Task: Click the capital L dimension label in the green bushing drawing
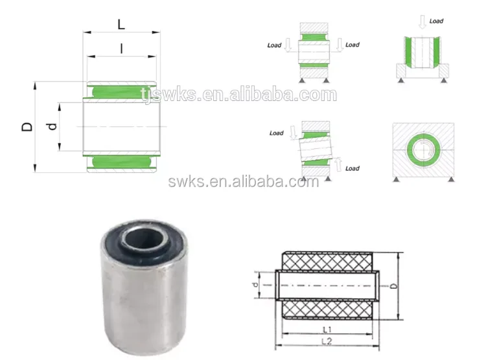point(121,25)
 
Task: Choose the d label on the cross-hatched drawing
point(257,284)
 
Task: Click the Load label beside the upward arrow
point(352,168)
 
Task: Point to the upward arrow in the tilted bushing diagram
point(338,162)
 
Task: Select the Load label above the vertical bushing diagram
point(436,21)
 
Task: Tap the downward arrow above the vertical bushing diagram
point(422,23)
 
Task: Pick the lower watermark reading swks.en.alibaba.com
point(243,182)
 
